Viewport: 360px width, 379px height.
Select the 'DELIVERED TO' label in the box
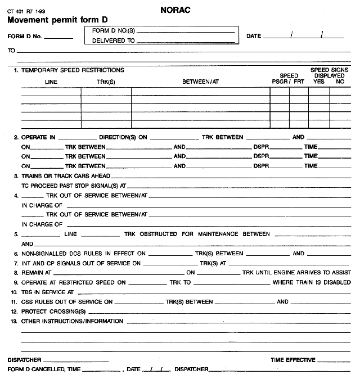click(113, 41)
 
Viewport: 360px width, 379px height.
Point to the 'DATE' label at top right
click(254, 37)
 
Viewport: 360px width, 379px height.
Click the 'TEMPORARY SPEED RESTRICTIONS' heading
click(73, 70)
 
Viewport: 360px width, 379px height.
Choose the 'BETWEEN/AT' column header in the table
click(200, 82)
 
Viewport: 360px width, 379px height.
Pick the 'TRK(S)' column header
click(106, 82)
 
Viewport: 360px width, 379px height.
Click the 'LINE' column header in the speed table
click(51, 82)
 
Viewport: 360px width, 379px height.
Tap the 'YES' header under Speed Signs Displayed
click(319, 82)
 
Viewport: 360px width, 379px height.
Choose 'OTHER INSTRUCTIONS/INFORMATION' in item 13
click(72, 322)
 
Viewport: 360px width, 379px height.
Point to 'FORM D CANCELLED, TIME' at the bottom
click(44, 369)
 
